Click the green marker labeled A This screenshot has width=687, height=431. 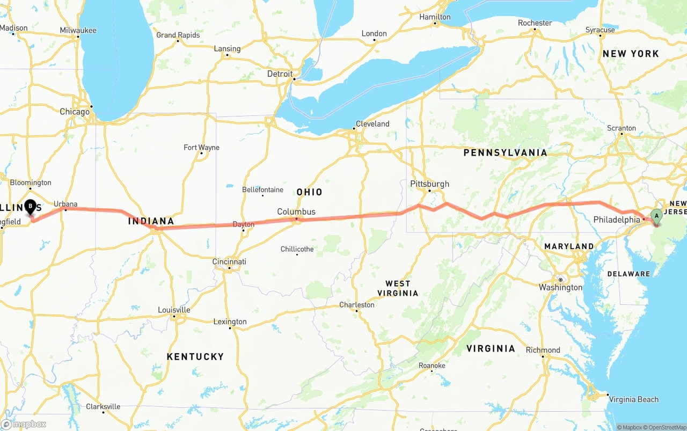coord(656,217)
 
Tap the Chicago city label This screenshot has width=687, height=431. coord(75,112)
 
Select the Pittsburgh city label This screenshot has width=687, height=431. coord(429,184)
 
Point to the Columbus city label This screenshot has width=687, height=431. coord(296,212)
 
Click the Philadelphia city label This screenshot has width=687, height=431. coord(617,220)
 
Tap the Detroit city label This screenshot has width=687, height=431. coord(280,74)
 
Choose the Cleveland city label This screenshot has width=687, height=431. coord(372,124)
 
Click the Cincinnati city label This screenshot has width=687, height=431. coord(229,262)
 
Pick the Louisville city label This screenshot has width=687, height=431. coord(174,310)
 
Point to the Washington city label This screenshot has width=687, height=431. coord(560,288)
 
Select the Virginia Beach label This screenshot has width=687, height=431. coord(633,399)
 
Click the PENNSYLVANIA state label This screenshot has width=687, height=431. coord(505,153)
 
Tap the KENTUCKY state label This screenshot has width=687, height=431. coord(195,357)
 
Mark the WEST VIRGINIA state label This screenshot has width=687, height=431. coord(398,288)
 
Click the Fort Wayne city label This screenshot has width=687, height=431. coord(201,148)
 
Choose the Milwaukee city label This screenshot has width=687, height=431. coord(78,31)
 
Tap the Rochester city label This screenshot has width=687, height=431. coord(535,23)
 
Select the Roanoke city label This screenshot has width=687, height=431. coord(432,366)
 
